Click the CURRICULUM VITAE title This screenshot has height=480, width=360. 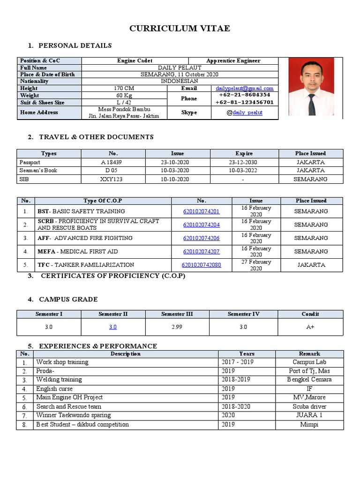coord(180,29)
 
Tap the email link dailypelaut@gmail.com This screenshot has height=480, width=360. coord(244,88)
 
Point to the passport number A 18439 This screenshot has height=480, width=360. coord(113,162)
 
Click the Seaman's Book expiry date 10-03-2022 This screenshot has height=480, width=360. coord(244,171)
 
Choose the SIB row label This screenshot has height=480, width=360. coord(24,179)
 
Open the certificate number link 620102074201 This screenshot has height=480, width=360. coord(201,211)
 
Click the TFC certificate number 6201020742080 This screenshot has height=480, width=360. coord(201,265)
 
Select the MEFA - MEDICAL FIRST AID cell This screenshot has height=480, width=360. coord(78,252)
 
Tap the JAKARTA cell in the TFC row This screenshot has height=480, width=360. coord(311,265)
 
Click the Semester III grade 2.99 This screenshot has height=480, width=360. coord(177,327)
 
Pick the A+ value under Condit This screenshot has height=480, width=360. coord(310,327)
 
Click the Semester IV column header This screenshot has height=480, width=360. coord(243,314)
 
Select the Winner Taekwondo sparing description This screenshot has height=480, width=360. coord(74,415)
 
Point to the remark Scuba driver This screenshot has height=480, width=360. coord(309,406)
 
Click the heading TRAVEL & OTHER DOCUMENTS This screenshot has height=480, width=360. coord(96,137)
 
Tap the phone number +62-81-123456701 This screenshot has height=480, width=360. coord(244,102)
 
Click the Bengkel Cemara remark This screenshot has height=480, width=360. coord(309,380)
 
